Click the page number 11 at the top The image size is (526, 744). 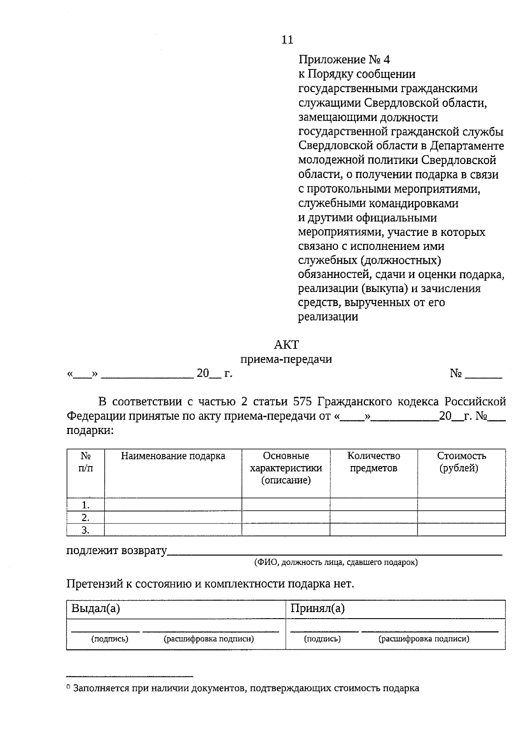[287, 40]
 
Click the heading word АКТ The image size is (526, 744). [286, 345]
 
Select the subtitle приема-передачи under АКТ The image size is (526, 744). [286, 360]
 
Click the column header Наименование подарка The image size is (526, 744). [173, 456]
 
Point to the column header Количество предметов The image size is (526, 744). [373, 462]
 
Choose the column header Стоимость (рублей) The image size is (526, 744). [461, 462]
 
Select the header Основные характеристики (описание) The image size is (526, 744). [286, 468]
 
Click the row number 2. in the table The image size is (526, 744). [85, 517]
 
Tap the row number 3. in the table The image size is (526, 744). [85, 530]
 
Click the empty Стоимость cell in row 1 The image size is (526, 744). [461, 504]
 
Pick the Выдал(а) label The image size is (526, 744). [96, 609]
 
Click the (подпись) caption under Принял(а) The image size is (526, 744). [322, 639]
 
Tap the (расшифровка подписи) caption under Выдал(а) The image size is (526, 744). [209, 639]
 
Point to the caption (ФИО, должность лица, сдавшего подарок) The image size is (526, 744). [336, 562]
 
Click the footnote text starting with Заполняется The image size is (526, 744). [246, 688]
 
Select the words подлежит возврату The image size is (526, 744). [117, 551]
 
